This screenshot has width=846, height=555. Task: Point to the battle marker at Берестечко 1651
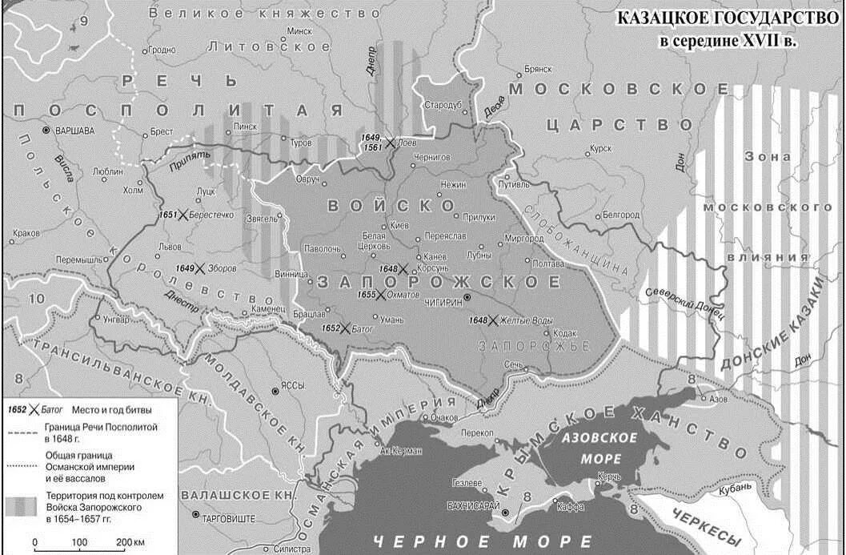[183, 215]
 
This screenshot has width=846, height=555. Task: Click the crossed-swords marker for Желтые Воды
[494, 320]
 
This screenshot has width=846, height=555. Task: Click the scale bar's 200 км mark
[129, 542]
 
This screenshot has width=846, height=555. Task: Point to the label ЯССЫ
[294, 386]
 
